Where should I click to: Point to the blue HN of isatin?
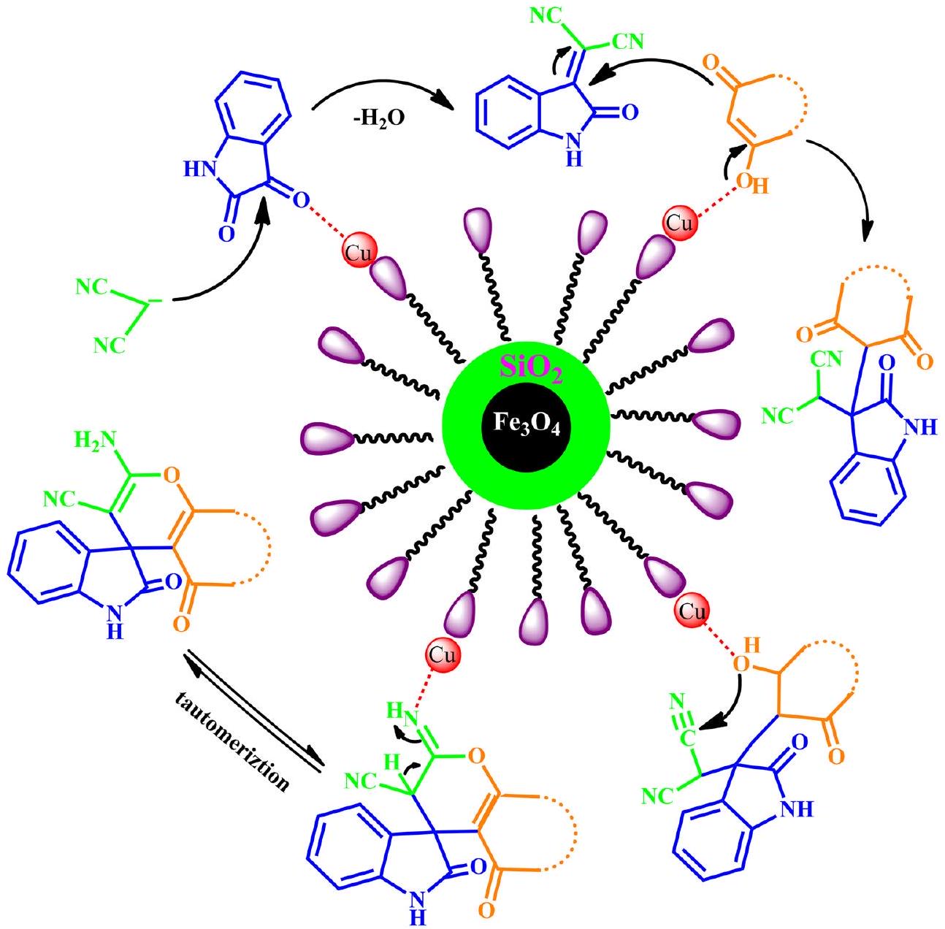coord(197,170)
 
